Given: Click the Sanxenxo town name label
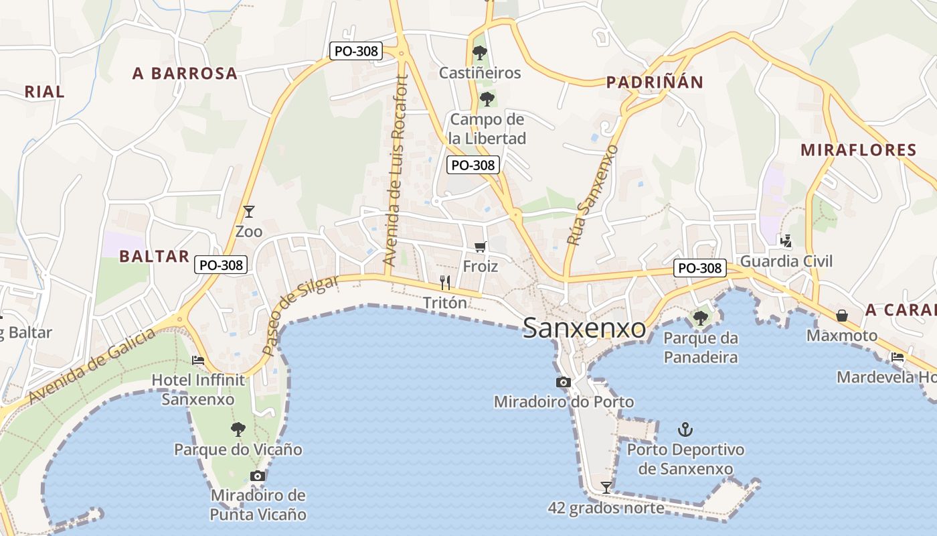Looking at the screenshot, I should (x=584, y=328).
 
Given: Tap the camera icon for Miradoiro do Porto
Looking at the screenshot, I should (x=563, y=382).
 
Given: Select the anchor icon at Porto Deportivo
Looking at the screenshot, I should (x=685, y=429).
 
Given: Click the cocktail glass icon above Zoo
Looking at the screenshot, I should (x=249, y=212).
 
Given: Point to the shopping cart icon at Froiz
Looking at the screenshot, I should (x=480, y=247).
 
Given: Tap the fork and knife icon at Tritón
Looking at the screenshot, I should (x=445, y=283).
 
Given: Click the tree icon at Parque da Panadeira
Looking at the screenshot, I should (x=701, y=318).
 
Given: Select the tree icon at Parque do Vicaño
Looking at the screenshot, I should (x=238, y=429).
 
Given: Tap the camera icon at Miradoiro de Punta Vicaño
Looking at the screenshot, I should (x=258, y=476).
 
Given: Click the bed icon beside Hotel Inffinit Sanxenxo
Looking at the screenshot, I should (x=198, y=360).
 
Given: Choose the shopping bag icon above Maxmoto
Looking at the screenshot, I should (x=842, y=315).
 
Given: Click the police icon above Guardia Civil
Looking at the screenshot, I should (x=786, y=241).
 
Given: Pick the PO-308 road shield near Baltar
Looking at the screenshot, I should (x=222, y=265).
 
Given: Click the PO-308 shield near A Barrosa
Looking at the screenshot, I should (x=355, y=50).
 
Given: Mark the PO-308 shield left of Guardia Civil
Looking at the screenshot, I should (x=700, y=268).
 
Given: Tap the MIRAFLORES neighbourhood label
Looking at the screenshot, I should (x=858, y=149).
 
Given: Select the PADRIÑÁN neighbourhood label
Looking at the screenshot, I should (x=655, y=82).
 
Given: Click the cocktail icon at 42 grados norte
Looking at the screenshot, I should (x=606, y=487).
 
